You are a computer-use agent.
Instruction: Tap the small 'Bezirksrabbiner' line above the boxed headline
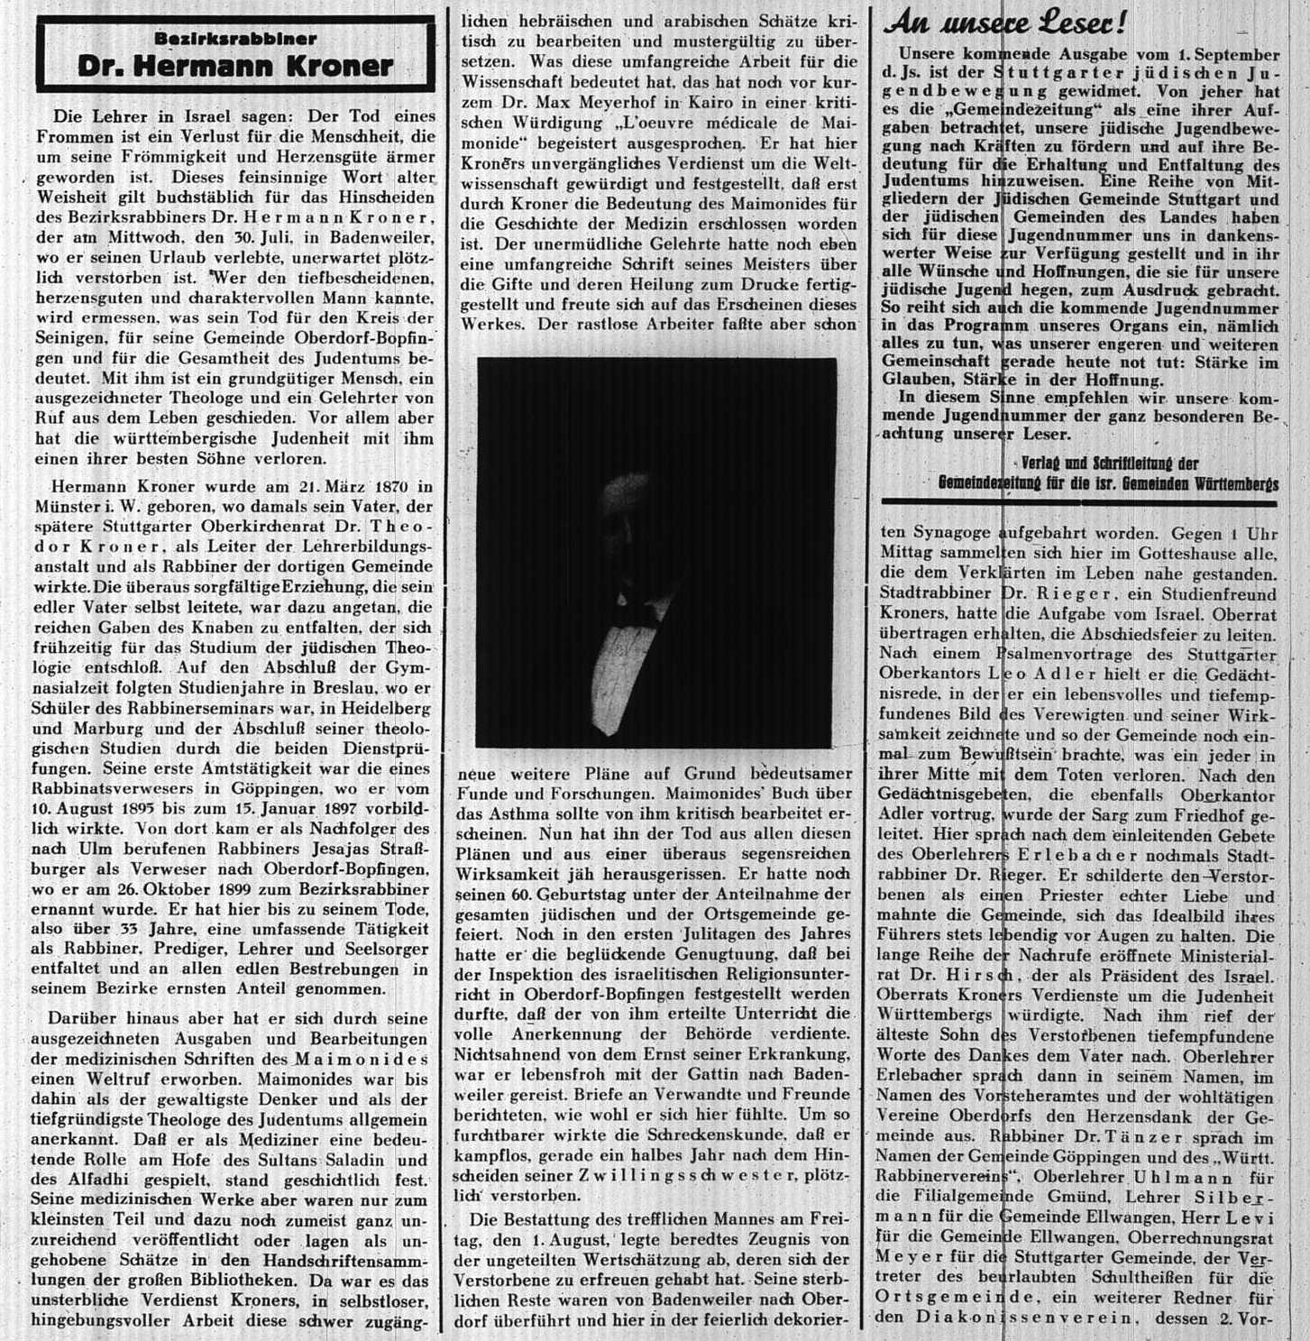(234, 39)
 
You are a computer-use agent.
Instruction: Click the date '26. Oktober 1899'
(141, 889)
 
